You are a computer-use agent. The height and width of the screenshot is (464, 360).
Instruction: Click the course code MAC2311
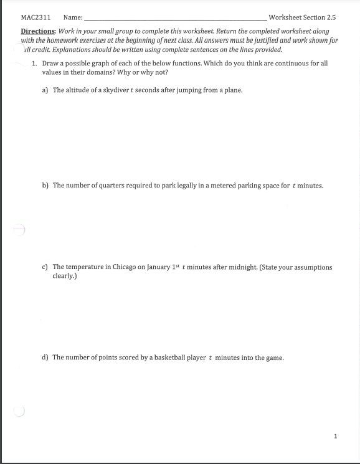(36, 17)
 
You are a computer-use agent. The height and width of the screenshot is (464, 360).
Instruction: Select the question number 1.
(35, 64)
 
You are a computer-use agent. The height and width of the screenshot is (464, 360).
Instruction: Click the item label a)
(45, 90)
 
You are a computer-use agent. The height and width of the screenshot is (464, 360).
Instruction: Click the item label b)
(45, 185)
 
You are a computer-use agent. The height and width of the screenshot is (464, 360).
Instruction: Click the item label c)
(45, 267)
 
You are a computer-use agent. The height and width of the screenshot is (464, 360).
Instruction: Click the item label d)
(45, 357)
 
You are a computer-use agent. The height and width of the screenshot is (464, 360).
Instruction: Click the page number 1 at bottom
(335, 436)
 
